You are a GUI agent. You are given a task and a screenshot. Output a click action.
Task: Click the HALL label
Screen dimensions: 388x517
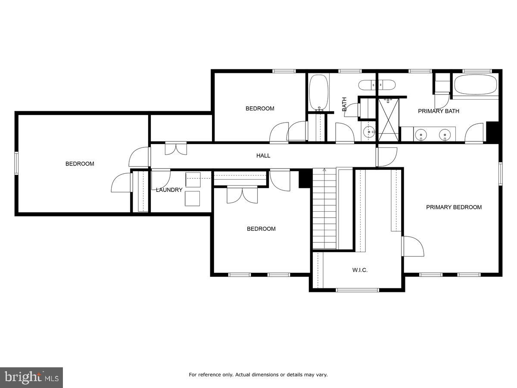click(263, 156)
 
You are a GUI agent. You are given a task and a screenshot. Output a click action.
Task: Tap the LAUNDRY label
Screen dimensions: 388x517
click(169, 190)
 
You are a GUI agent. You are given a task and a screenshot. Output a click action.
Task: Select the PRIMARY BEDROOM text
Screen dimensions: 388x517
click(454, 207)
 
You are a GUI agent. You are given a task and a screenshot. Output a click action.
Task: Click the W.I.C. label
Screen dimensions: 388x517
click(360, 270)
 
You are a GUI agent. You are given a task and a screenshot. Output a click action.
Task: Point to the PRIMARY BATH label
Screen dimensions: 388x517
click(439, 111)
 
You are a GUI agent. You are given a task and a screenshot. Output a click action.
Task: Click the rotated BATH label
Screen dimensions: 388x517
click(344, 104)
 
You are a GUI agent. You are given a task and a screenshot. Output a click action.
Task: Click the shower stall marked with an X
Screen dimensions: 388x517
click(389, 119)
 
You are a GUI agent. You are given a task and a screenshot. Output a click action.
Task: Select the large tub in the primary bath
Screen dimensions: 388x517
click(475, 85)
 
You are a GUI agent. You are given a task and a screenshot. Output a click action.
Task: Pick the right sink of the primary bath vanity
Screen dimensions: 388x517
click(444, 135)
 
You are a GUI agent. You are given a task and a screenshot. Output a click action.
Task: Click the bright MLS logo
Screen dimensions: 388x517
click(31, 377)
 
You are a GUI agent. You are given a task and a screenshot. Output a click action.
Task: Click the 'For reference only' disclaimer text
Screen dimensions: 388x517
click(258, 375)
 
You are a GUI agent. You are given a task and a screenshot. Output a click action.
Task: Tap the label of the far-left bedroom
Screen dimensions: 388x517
click(80, 164)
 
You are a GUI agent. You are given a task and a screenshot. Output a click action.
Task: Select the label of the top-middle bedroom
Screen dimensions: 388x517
click(260, 109)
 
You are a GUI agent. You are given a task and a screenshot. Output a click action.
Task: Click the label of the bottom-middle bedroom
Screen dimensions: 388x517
click(261, 229)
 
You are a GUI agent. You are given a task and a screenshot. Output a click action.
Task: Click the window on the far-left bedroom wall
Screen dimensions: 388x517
click(16, 163)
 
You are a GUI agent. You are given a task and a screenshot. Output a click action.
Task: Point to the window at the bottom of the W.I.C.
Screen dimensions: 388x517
click(357, 290)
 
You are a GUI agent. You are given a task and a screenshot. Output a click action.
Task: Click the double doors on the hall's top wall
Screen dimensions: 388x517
click(176, 148)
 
